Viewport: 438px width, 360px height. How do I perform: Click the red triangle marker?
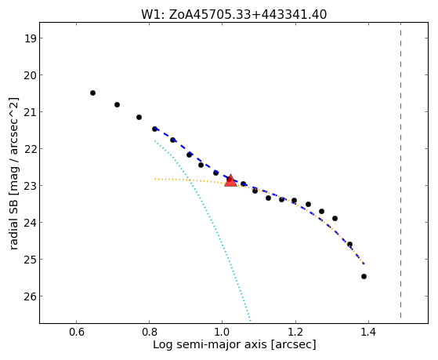click(230, 181)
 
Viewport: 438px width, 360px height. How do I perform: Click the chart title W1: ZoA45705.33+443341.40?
click(233, 15)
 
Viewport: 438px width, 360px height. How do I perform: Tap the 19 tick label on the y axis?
click(31, 38)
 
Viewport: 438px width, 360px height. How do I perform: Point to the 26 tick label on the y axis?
click(31, 296)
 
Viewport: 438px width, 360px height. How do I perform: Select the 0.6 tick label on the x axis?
click(77, 333)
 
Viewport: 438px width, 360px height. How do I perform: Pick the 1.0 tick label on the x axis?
click(223, 333)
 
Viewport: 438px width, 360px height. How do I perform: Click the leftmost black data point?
click(92, 93)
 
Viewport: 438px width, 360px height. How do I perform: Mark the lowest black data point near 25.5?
click(364, 276)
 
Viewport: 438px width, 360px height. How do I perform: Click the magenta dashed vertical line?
click(401, 170)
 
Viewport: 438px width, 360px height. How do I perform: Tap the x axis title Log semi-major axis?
click(210, 344)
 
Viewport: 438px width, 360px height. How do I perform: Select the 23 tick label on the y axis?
click(31, 185)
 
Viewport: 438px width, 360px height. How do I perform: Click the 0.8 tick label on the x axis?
click(150, 333)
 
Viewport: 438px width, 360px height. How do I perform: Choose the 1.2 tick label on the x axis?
click(295, 333)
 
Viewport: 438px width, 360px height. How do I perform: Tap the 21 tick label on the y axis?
click(31, 112)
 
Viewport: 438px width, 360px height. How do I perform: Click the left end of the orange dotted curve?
click(155, 179)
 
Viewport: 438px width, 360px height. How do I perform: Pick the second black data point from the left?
click(117, 104)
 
